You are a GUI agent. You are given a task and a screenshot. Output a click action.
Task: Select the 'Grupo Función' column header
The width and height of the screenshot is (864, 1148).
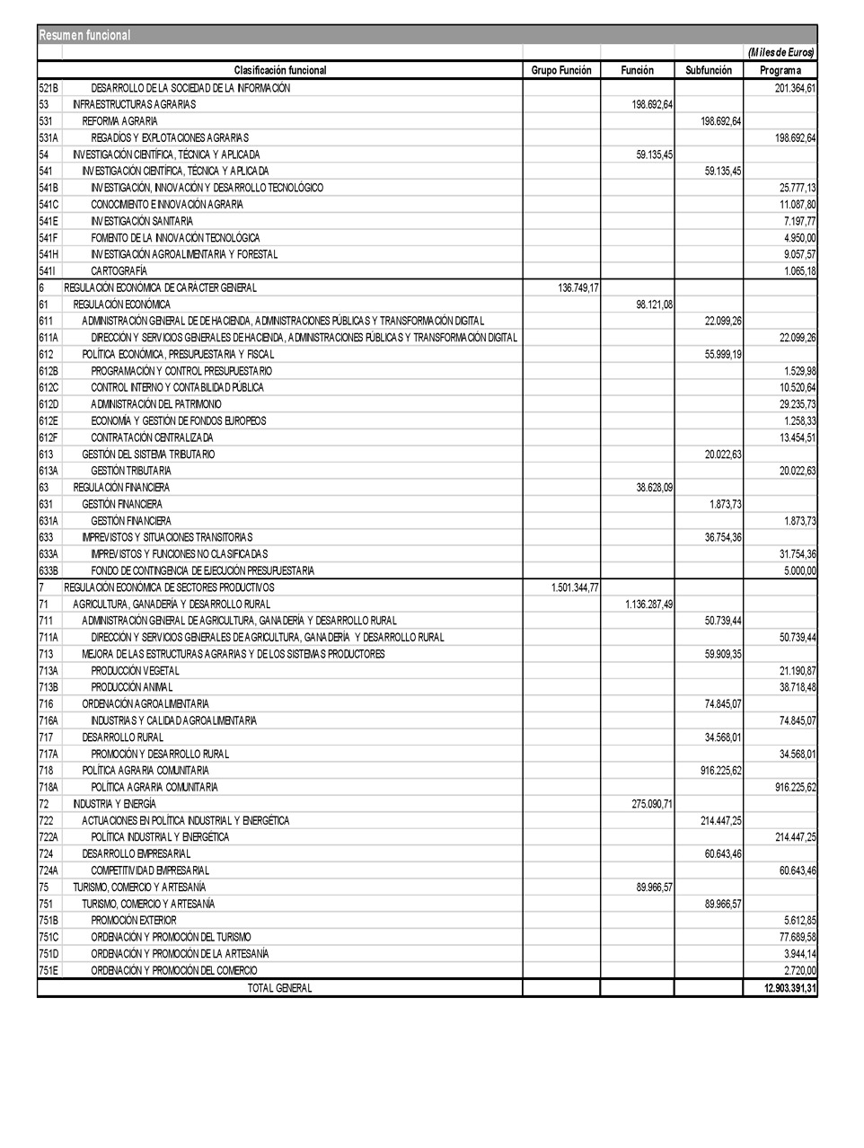pyautogui.click(x=561, y=70)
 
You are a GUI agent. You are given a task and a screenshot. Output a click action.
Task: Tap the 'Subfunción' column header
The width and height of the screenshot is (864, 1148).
pyautogui.click(x=709, y=70)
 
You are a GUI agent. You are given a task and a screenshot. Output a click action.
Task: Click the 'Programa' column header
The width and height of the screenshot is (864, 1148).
pyautogui.click(x=780, y=70)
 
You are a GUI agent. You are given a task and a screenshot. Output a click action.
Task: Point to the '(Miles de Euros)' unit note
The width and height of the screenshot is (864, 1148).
pyautogui.click(x=780, y=53)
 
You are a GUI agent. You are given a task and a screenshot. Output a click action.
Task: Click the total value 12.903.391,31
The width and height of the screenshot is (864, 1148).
pyautogui.click(x=780, y=988)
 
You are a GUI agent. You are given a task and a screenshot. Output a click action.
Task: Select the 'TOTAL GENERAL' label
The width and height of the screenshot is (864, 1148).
pyautogui.click(x=280, y=988)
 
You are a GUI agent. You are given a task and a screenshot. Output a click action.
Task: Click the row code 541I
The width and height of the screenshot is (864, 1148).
pyautogui.click(x=48, y=271)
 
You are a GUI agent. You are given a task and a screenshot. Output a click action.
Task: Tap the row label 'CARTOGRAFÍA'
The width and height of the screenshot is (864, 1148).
pyautogui.click(x=119, y=271)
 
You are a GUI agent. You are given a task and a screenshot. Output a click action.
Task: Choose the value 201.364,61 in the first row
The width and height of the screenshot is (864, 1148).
pyautogui.click(x=795, y=88)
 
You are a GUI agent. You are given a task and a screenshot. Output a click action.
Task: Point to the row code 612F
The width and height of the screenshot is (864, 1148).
pyautogui.click(x=48, y=437)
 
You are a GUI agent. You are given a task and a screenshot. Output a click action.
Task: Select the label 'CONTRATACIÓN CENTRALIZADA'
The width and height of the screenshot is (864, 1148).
pyautogui.click(x=152, y=437)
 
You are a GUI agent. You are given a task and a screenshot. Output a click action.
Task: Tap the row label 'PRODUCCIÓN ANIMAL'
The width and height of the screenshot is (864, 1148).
pyautogui.click(x=132, y=687)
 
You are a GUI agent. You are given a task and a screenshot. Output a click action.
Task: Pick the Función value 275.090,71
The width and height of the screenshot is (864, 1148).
pyautogui.click(x=652, y=804)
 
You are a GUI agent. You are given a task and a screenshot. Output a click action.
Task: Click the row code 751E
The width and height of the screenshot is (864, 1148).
pyautogui.click(x=48, y=970)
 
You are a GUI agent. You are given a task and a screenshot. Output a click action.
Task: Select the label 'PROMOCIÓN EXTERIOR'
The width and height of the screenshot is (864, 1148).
pyautogui.click(x=134, y=921)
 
